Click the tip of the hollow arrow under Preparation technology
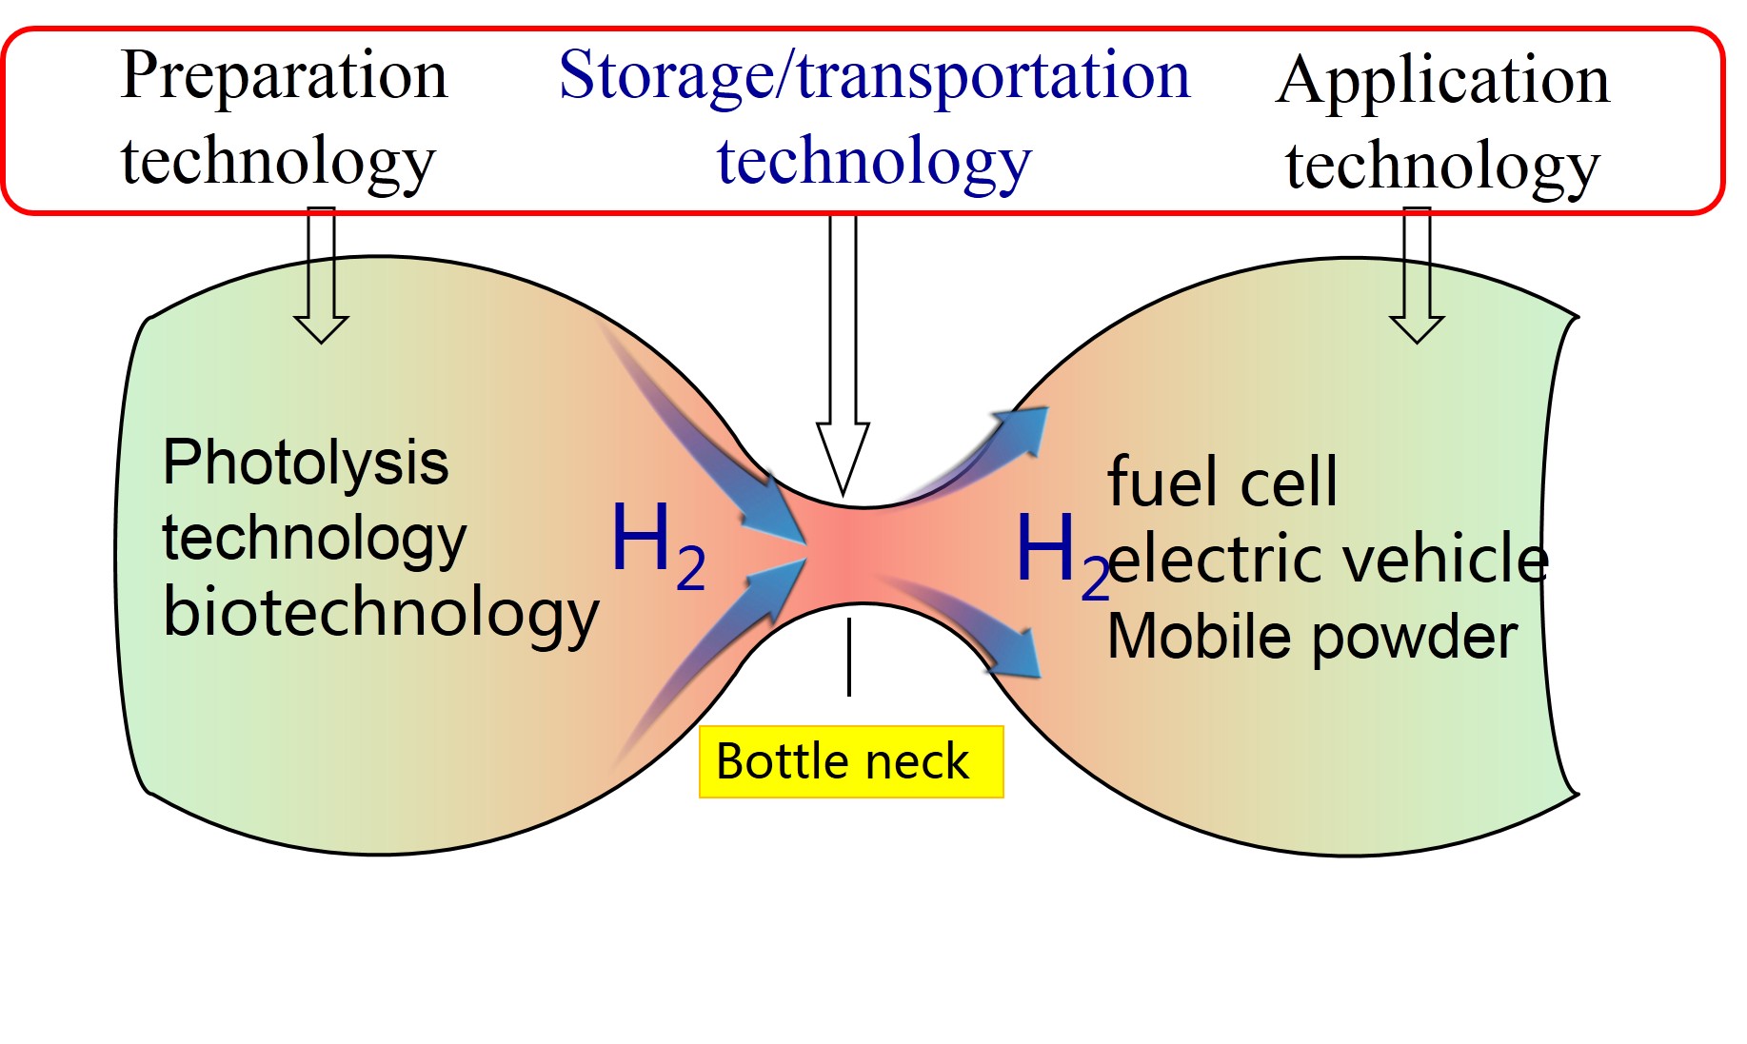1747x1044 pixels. pyautogui.click(x=322, y=342)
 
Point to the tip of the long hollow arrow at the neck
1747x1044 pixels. pyautogui.click(x=843, y=496)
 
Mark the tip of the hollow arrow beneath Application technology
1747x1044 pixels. pyautogui.click(x=1418, y=342)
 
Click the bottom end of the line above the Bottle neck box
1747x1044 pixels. pyautogui.click(x=848, y=696)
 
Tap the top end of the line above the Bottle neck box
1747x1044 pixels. pyautogui.click(x=848, y=619)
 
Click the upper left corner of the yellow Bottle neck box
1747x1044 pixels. pyautogui.click(x=700, y=727)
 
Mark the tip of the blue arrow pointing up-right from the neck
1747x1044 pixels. pyautogui.click(x=1047, y=408)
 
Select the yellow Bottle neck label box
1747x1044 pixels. pyautogui.click(x=851, y=761)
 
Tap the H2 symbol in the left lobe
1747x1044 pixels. pyautogui.click(x=658, y=545)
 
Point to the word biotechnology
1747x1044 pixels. pyautogui.click(x=381, y=614)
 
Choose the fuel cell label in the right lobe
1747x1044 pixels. pyautogui.click(x=1222, y=482)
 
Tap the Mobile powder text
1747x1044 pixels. pyautogui.click(x=1312, y=638)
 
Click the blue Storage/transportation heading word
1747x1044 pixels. pyautogui.click(x=874, y=75)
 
